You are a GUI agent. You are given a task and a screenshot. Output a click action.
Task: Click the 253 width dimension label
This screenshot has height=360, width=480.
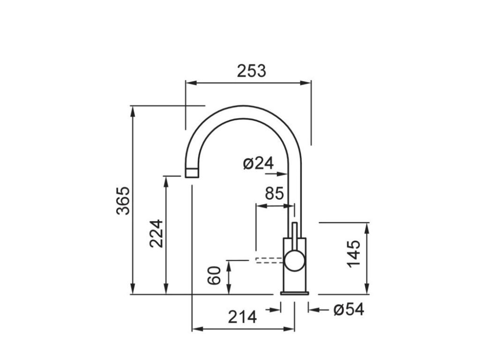pyautogui.click(x=252, y=71)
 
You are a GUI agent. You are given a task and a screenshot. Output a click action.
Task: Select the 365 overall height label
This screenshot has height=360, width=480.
pyautogui.click(x=123, y=201)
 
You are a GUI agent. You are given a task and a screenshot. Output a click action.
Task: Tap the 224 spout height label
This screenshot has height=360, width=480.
pyautogui.click(x=156, y=233)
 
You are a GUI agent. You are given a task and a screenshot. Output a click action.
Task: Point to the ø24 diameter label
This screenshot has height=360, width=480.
pyautogui.click(x=258, y=164)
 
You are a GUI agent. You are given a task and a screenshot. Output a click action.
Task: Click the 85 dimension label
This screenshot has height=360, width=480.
pyautogui.click(x=275, y=194)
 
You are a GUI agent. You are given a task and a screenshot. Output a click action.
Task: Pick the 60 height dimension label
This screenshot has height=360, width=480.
pyautogui.click(x=214, y=276)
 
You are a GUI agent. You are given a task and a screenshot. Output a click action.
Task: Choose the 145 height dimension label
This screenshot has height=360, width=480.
pyautogui.click(x=354, y=254)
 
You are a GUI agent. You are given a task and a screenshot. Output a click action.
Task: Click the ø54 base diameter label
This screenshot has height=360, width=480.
pyautogui.click(x=349, y=309)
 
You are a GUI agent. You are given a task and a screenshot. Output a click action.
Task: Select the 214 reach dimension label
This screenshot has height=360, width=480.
pyautogui.click(x=242, y=317)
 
